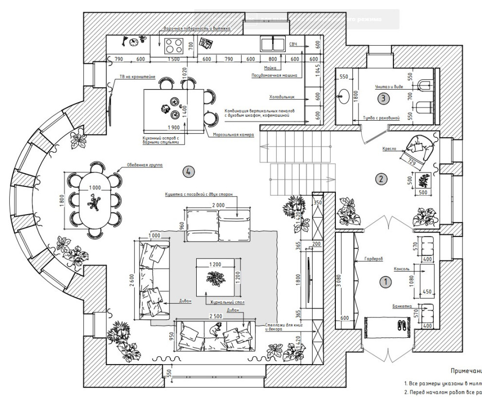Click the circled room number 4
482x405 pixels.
188,171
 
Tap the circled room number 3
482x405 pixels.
383,98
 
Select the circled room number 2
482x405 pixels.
382,179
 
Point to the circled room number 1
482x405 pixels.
385,281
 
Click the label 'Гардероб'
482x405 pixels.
371,259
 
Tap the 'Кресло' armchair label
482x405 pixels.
389,149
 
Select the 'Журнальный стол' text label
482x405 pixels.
224,302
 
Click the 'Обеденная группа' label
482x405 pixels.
144,165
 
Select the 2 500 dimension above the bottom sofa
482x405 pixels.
215,316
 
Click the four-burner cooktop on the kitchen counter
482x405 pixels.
174,46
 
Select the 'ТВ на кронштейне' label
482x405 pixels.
137,77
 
